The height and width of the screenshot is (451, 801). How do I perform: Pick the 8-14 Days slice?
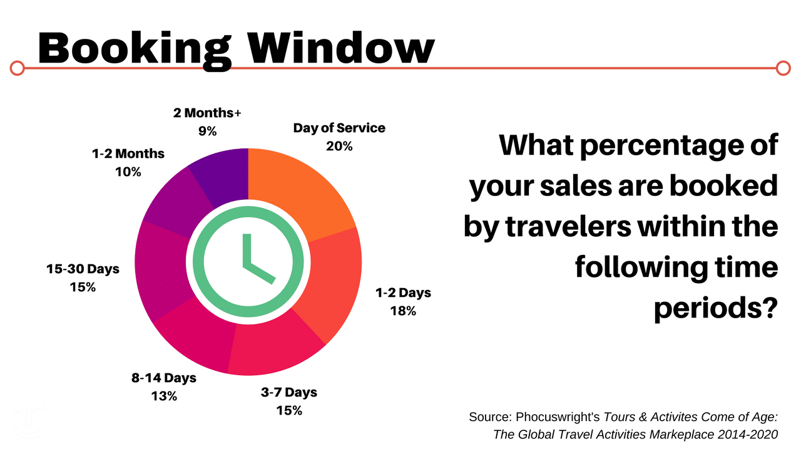[x=195, y=336]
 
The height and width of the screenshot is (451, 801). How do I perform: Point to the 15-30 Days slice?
[x=161, y=269]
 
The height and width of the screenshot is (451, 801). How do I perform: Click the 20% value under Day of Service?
[x=339, y=146]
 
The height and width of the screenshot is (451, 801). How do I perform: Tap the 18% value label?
[x=403, y=311]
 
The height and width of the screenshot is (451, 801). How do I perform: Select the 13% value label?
[x=164, y=396]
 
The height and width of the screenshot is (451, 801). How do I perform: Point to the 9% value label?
[x=207, y=131]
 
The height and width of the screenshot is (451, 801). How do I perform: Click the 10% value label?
[x=128, y=172]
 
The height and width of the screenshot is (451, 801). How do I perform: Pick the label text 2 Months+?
[x=207, y=113]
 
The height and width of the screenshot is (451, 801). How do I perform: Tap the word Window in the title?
[x=342, y=48]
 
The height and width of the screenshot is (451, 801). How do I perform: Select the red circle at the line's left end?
[x=17, y=68]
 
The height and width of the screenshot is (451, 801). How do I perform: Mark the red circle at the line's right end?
[x=783, y=68]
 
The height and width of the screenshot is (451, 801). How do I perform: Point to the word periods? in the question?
[x=716, y=308]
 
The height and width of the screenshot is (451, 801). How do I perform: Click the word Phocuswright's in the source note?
[x=558, y=417]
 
